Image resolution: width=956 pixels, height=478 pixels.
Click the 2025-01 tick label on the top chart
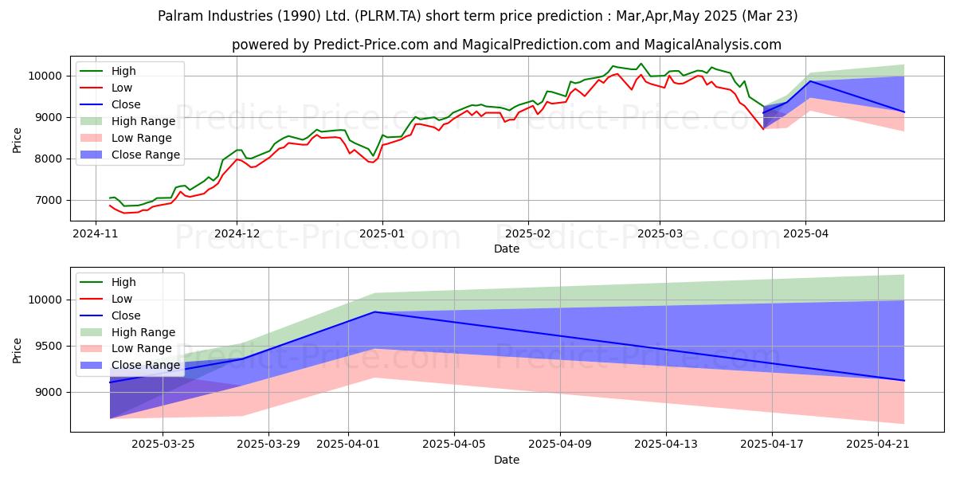click(382, 233)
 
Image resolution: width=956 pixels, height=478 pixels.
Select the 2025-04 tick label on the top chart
click(805, 233)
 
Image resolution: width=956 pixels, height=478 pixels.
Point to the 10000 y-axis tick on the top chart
click(46, 76)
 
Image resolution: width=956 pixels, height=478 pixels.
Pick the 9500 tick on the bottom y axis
click(49, 346)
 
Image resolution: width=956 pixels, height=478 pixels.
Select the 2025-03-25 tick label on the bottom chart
click(163, 445)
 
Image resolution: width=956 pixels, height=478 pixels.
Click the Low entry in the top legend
click(122, 88)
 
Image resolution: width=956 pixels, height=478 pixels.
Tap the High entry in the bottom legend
click(123, 282)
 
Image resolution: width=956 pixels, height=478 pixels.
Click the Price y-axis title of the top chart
click(18, 139)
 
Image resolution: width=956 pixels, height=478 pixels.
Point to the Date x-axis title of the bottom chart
click(507, 460)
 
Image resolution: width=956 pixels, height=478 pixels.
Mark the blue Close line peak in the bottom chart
click(374, 311)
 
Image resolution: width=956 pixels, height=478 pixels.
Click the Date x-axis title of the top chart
click(507, 249)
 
